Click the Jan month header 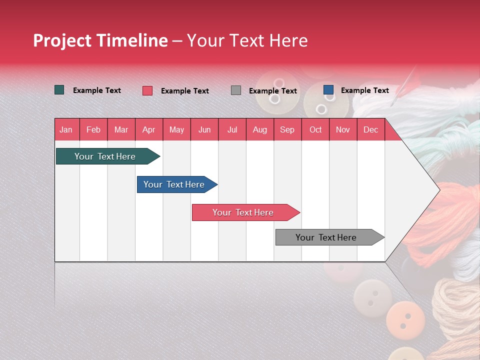point(66,129)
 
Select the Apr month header point(148,129)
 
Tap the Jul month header point(232,129)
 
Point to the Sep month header point(287,129)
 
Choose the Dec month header point(370,129)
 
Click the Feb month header point(93,129)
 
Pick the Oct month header point(315,129)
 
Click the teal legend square point(59,90)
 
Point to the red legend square point(147,90)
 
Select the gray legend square point(236,90)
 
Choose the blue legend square point(328,90)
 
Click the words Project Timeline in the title point(100,40)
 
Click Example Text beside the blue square point(364,90)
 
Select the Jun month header point(204,129)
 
